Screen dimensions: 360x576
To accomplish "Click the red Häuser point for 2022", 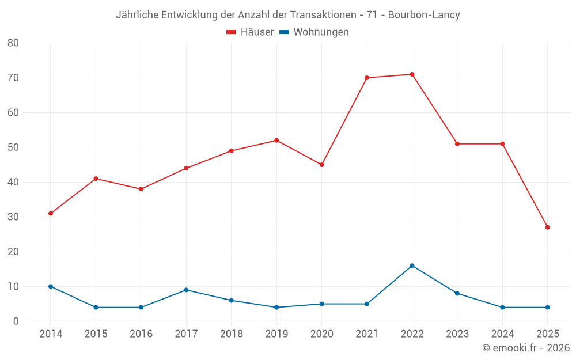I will [412, 74].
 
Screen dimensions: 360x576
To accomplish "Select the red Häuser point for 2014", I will [51, 214].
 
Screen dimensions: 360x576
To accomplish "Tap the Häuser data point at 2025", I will [547, 228].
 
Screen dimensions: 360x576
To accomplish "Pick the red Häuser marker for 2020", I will [321, 165].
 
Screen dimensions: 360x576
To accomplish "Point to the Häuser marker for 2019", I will [276, 141].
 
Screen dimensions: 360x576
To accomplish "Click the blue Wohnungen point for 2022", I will [412, 266].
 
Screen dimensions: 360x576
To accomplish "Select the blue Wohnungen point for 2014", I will [51, 286].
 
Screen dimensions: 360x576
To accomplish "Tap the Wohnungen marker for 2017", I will [186, 290].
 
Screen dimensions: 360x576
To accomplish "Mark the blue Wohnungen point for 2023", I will [457, 294].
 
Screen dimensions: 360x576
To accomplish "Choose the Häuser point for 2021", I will [367, 78].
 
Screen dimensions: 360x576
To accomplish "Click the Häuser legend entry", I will [250, 32].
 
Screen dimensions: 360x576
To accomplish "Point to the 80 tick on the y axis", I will [13, 43].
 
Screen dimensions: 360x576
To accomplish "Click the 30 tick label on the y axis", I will [13, 217].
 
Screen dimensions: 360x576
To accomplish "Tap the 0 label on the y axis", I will [16, 321].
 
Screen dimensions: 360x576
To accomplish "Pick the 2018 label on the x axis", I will [231, 334].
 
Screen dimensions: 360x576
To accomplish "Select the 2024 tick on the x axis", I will [502, 334].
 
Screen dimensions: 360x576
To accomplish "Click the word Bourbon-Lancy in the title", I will [424, 15].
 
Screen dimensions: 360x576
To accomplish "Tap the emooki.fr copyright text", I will [526, 348].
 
